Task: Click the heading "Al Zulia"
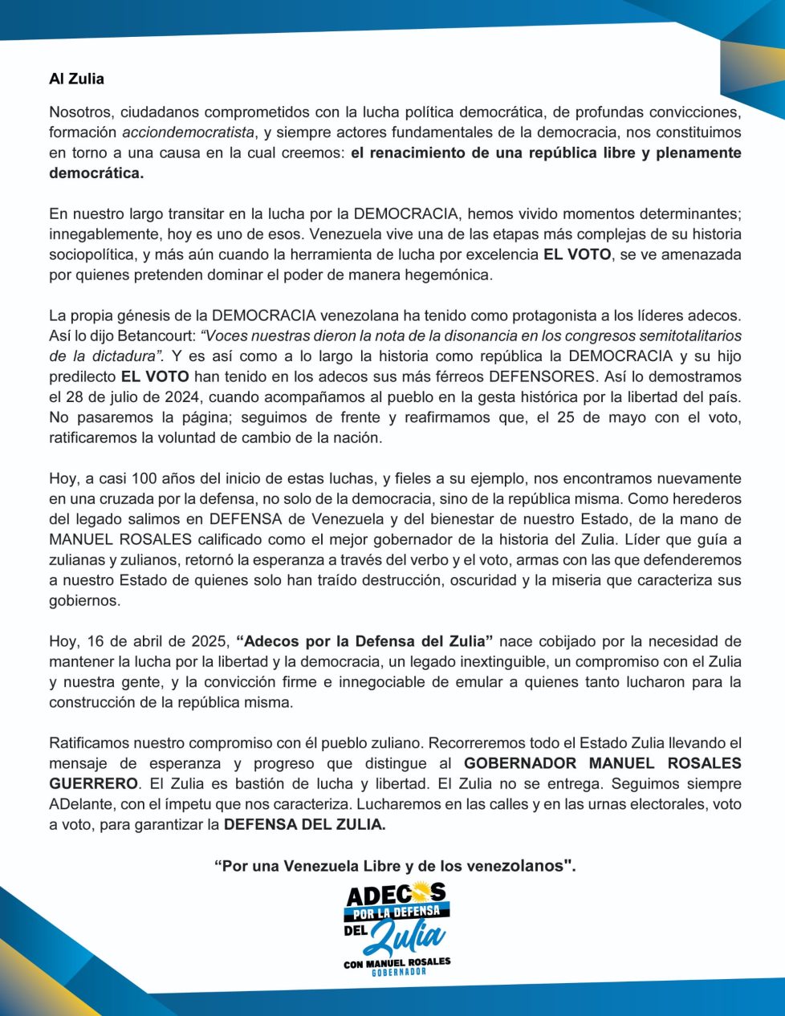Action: (x=76, y=79)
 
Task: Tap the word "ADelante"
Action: (x=79, y=804)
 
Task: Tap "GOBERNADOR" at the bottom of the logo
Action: (x=398, y=973)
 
